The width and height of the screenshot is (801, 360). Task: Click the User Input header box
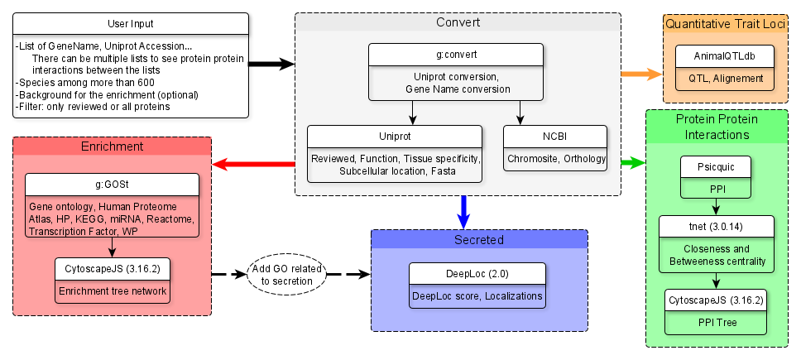(131, 24)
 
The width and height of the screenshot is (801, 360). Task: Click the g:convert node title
(457, 55)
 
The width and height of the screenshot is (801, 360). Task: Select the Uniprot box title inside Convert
(395, 135)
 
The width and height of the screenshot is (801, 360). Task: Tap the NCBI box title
(555, 135)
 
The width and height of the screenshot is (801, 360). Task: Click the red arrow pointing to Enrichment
(254, 164)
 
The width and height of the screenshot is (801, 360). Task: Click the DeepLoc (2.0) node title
(477, 273)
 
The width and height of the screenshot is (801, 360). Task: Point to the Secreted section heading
(478, 240)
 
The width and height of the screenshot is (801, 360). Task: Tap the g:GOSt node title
(113, 183)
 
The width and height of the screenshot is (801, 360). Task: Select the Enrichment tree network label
(113, 291)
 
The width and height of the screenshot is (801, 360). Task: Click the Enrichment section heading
(113, 146)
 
